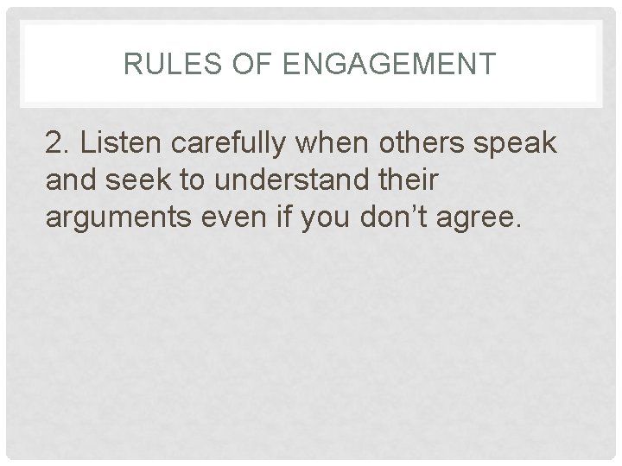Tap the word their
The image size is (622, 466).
click(414, 181)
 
